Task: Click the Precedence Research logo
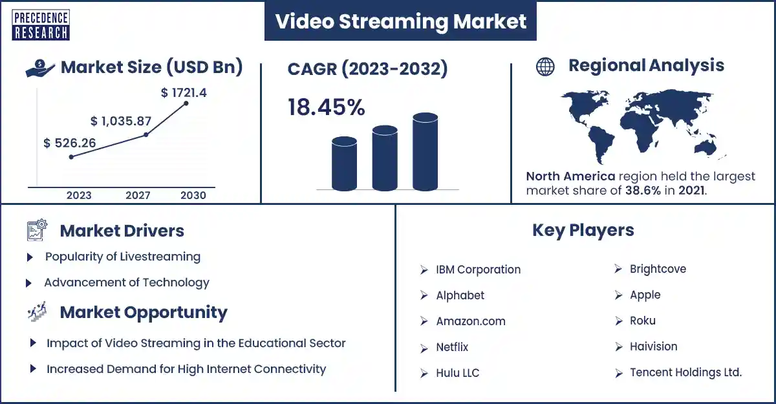coord(41,25)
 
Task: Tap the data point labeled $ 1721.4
coord(186,103)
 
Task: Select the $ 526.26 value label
coord(70,143)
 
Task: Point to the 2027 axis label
coord(138,195)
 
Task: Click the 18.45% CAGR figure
coord(327,107)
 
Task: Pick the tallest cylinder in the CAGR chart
coord(425,152)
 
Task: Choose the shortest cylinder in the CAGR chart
coord(344,164)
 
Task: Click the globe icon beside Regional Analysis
coord(545,67)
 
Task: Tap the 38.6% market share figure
coord(643,191)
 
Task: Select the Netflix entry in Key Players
coord(452,347)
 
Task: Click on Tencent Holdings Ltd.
coord(685,372)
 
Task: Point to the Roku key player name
coord(643,321)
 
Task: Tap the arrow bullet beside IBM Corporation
coord(424,270)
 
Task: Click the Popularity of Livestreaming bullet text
coord(123,257)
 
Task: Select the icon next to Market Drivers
coord(37,230)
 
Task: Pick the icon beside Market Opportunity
coord(37,312)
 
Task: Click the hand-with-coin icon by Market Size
coord(40,68)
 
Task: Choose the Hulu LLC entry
coord(458,373)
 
